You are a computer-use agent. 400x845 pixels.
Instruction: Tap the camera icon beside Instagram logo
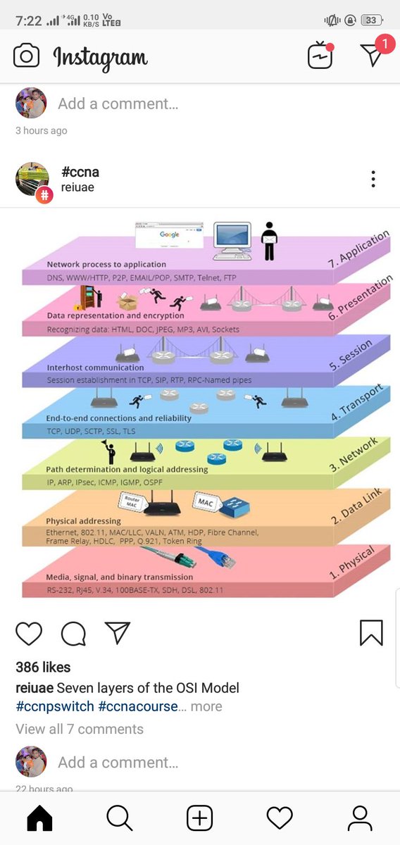26,56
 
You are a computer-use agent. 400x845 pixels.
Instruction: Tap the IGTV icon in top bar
320,56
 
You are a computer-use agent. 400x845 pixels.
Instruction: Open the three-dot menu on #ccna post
373,180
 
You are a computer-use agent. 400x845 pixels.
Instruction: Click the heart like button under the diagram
29,633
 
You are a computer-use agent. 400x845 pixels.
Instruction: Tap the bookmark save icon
371,633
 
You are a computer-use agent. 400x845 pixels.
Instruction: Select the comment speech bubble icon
73,633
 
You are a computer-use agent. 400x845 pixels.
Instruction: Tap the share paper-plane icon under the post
117,632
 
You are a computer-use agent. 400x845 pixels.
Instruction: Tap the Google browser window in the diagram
169,236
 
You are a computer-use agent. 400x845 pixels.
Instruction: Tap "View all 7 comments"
80,729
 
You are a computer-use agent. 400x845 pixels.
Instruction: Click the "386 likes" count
43,667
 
